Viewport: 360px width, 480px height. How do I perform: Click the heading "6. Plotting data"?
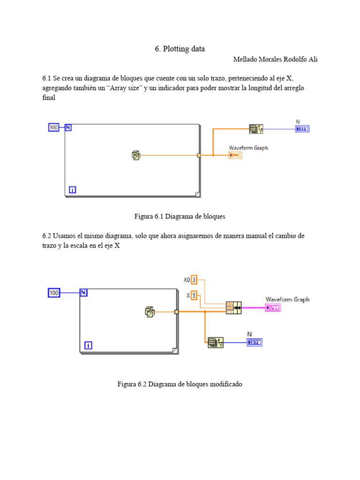point(180,49)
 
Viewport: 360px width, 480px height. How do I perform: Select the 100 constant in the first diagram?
point(54,127)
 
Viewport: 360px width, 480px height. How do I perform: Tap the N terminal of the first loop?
point(68,127)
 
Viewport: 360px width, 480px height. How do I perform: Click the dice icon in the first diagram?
point(136,155)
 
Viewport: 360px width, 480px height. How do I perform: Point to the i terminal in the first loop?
point(72,189)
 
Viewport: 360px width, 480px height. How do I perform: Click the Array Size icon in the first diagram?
point(256,129)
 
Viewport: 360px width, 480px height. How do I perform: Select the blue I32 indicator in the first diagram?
point(302,129)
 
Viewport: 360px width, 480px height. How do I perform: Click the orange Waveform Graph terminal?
point(235,155)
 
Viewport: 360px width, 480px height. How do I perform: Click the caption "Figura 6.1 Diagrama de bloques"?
point(180,217)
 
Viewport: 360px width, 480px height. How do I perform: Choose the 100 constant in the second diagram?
point(54,293)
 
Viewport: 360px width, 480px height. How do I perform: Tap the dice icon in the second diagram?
point(150,311)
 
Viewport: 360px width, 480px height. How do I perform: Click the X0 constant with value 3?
point(194,280)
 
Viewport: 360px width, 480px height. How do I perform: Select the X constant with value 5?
point(194,295)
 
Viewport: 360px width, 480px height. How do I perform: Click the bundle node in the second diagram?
point(233,307)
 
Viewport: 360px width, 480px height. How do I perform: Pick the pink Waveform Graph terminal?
point(273,307)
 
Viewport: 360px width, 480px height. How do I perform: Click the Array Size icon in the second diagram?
point(216,343)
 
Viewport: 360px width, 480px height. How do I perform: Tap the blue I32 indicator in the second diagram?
point(255,343)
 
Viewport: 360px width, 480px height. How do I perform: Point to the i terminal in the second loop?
point(88,345)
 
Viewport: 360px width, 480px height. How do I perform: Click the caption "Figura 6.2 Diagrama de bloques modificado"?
point(180,384)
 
